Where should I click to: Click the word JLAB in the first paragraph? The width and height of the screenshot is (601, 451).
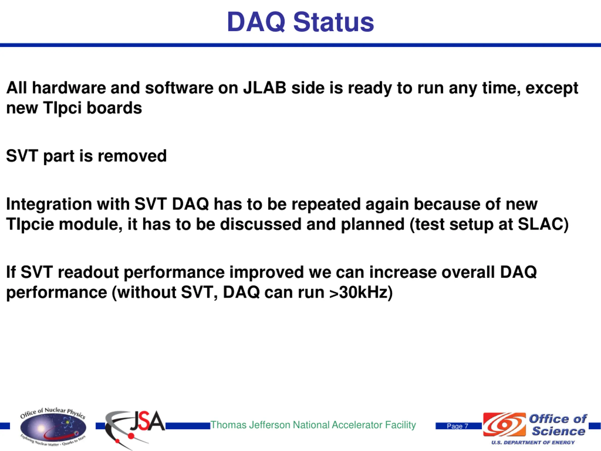point(265,88)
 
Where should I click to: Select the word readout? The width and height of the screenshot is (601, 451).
point(88,272)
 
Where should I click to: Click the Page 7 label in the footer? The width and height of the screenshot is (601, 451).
point(458,426)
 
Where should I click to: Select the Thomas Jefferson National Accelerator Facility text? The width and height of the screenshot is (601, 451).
point(313,425)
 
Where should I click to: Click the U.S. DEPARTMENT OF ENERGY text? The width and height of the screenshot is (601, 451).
point(533,443)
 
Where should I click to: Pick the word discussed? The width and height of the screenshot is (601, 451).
point(261,224)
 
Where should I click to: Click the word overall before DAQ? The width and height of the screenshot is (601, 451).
point(468,272)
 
